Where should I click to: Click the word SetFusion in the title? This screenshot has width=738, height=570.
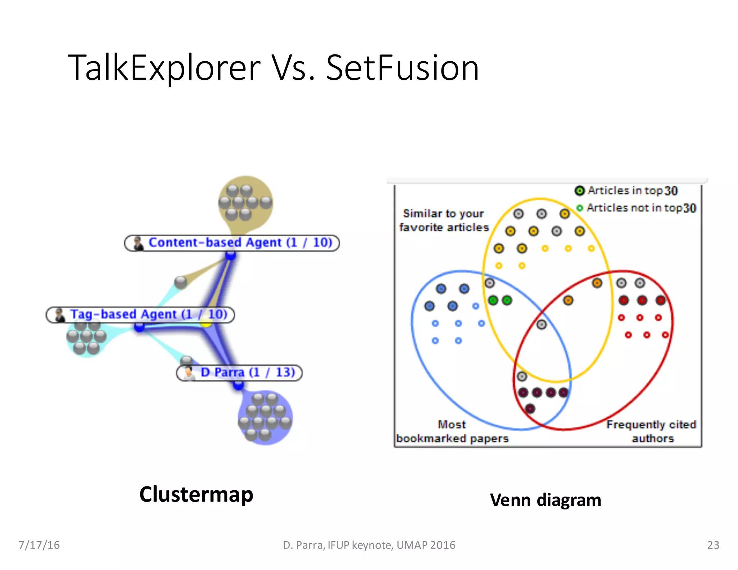[x=402, y=68]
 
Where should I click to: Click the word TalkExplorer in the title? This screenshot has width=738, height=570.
[x=164, y=68]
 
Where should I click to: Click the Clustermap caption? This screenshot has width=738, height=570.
[x=196, y=494]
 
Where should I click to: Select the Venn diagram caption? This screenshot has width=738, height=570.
[x=545, y=500]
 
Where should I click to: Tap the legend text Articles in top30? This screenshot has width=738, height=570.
[x=632, y=191]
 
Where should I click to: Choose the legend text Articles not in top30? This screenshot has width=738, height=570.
[x=641, y=208]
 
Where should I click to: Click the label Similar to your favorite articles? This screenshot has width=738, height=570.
[x=444, y=221]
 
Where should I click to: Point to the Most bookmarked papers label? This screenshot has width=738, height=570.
[x=452, y=431]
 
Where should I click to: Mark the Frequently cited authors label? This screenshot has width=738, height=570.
[x=651, y=431]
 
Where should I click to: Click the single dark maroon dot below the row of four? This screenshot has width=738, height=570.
[x=530, y=409]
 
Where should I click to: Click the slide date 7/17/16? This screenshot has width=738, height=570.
[x=39, y=545]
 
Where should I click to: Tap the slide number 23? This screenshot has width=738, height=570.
[x=713, y=545]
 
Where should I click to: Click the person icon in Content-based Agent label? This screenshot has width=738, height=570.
[x=138, y=243]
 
